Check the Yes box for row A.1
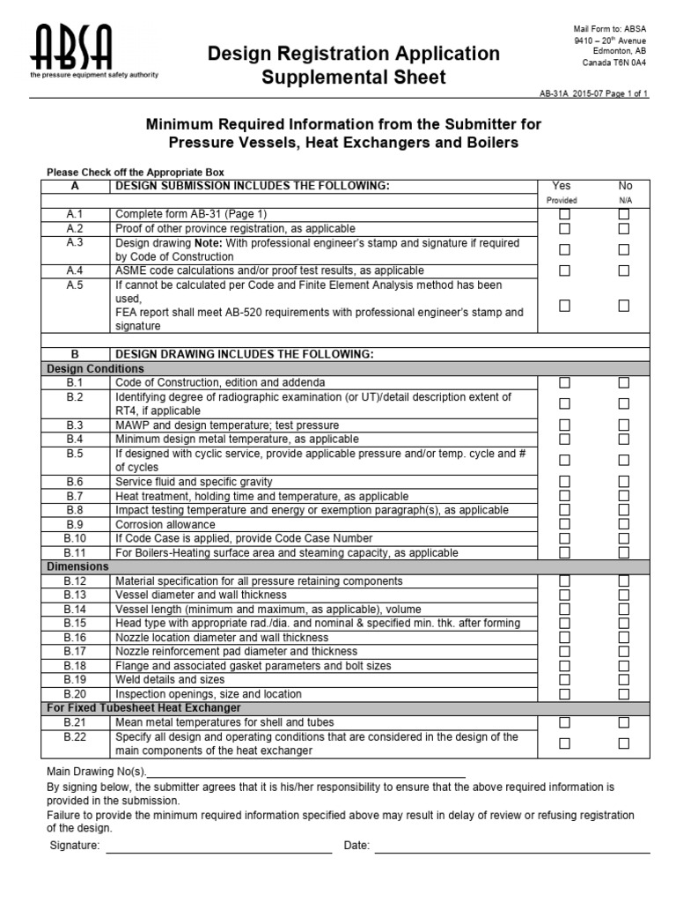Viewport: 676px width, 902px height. point(565,214)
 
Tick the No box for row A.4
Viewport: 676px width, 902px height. point(623,270)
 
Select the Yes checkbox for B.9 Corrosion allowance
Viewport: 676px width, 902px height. point(565,524)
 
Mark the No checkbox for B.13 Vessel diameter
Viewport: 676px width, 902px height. point(623,595)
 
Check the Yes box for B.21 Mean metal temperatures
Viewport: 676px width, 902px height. point(565,722)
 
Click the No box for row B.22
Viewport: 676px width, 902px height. point(623,743)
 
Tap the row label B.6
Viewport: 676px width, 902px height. point(75,482)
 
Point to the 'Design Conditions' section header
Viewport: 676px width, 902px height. point(95,369)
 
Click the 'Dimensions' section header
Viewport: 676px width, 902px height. point(78,566)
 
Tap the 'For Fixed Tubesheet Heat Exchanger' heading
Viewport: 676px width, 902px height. point(143,708)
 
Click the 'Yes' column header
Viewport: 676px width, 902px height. point(561,186)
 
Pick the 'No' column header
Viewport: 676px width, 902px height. point(625,186)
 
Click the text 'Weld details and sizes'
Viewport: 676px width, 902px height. point(170,680)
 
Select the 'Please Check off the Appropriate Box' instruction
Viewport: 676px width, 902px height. point(135,172)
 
